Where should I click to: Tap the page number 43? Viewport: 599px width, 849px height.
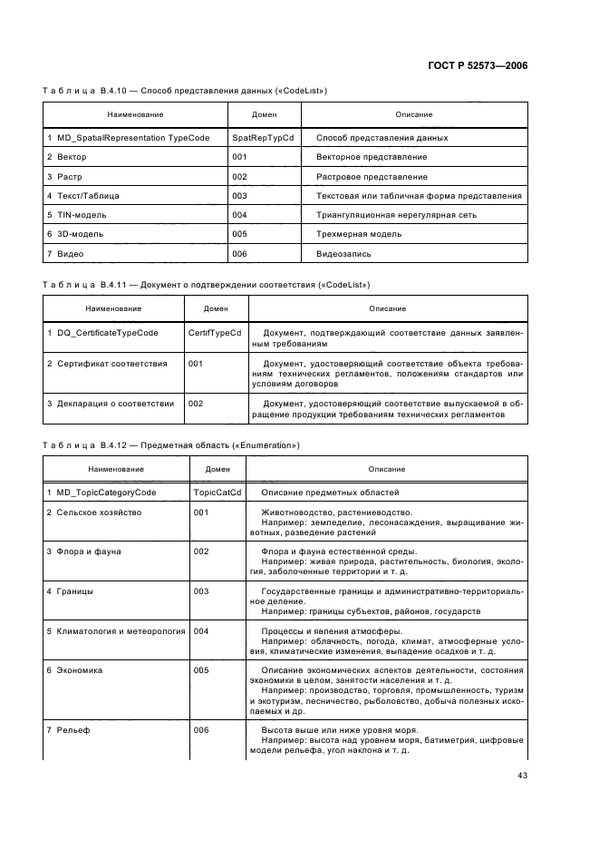522,775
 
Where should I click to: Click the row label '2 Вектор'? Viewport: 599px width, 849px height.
66,157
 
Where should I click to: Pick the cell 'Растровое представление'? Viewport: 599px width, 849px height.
372,177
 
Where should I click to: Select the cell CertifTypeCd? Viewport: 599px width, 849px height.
215,333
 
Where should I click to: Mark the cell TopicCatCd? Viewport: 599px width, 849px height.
217,492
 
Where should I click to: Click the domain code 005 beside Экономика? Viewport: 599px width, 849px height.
201,670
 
